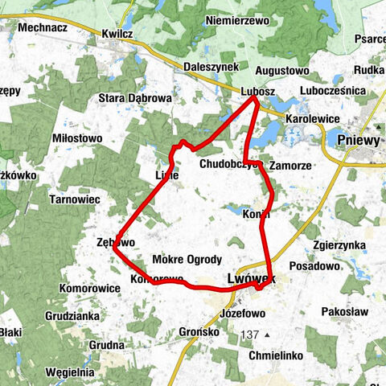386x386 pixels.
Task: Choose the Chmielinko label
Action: click(275, 353)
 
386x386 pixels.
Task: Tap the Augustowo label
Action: click(281, 71)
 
